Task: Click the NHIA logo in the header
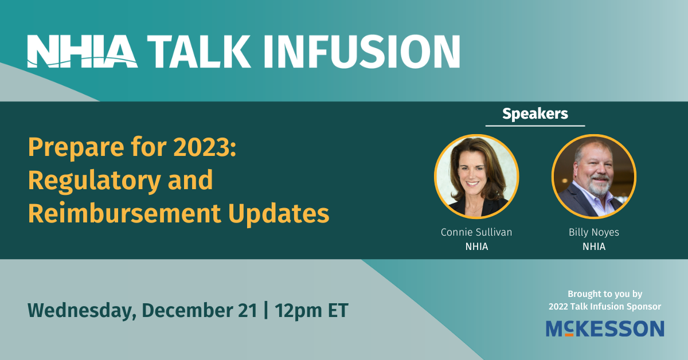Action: pos(83,51)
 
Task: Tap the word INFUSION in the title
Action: pos(362,51)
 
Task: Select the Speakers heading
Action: pos(535,114)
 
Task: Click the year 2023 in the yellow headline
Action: pos(202,147)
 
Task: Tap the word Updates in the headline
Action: pos(279,214)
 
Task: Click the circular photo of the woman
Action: pos(476,177)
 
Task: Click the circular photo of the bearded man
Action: pos(594,177)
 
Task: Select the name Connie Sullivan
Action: pos(476,232)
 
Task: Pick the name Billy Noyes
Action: pos(594,233)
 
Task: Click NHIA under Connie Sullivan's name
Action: pos(476,246)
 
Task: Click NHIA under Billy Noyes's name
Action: pos(594,246)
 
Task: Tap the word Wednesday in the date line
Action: pos(82,311)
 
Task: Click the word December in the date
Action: pos(187,310)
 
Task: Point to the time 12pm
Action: pos(298,311)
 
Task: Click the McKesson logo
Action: pos(605,328)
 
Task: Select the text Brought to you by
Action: pos(605,294)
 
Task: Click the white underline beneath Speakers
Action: pos(535,126)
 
